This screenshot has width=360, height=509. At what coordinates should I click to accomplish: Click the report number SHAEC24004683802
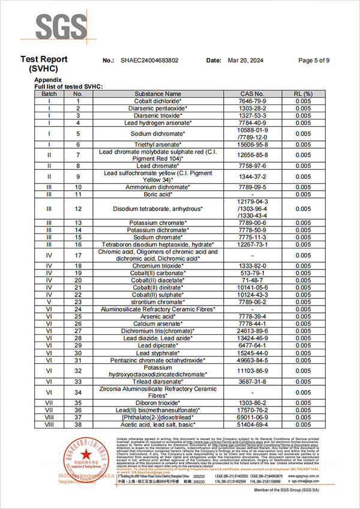tap(149, 61)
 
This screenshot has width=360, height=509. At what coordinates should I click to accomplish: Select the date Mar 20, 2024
tap(242, 61)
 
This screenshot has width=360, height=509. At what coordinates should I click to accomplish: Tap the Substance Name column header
tap(158, 94)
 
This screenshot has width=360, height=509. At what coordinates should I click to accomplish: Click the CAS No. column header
tap(251, 94)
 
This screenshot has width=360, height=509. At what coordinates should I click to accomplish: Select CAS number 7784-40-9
tap(251, 122)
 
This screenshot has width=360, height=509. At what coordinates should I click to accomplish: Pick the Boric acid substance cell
tap(158, 194)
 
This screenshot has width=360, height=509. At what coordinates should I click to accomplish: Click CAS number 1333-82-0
tap(251, 265)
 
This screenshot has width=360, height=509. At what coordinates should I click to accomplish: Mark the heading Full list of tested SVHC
tap(68, 87)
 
